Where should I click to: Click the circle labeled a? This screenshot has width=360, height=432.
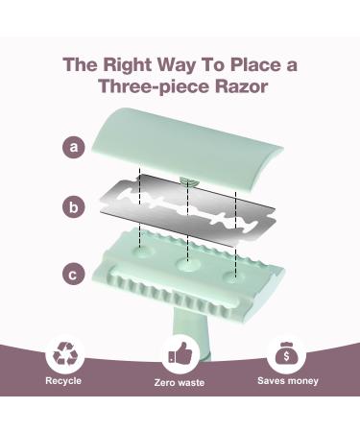pyautogui.click(x=74, y=147)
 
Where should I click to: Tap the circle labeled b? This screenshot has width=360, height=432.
pyautogui.click(x=74, y=207)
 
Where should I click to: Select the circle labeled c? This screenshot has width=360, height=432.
pyautogui.click(x=74, y=275)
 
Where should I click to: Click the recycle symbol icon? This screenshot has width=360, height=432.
pyautogui.click(x=65, y=353)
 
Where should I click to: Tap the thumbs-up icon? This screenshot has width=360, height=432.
pyautogui.click(x=180, y=353)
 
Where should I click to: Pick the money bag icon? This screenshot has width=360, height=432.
pyautogui.click(x=286, y=354)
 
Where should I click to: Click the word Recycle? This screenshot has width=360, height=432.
pyautogui.click(x=63, y=380)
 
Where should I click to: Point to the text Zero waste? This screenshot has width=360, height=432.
pyautogui.click(x=180, y=382)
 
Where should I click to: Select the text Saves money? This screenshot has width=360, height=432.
pyautogui.click(x=288, y=381)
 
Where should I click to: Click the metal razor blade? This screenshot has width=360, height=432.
pyautogui.click(x=187, y=210)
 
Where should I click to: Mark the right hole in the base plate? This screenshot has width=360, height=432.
pyautogui.click(x=233, y=276)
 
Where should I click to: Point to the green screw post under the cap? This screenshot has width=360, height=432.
pyautogui.click(x=189, y=182)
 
